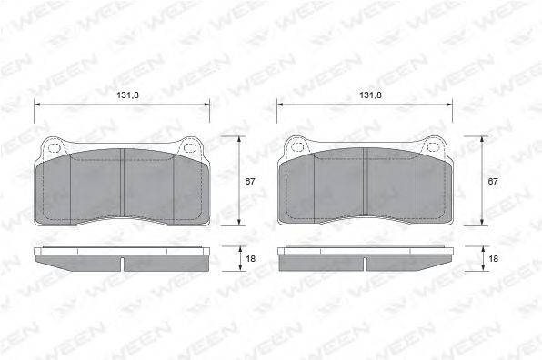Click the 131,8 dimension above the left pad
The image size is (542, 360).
[127, 95]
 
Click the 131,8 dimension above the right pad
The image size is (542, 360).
[370, 95]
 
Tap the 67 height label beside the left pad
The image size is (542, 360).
[249, 181]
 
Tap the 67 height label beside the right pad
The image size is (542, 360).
[493, 181]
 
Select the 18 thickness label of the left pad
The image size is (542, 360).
[251, 258]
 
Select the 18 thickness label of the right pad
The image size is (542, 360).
[494, 258]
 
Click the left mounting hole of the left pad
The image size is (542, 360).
[54, 148]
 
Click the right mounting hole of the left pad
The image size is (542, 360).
[189, 148]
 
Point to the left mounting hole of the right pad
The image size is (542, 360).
[297, 147]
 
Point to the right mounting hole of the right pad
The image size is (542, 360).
[433, 147]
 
